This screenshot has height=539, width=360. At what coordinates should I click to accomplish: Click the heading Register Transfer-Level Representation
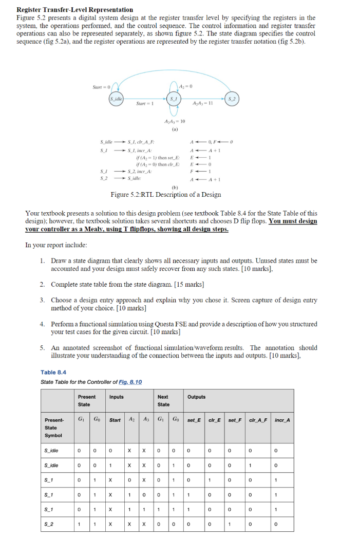(x=75, y=9)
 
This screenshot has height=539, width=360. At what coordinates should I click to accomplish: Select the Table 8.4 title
(x=53, y=372)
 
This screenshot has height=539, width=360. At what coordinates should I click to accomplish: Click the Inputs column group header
(x=117, y=397)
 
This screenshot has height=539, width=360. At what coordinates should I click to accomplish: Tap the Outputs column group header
(x=196, y=397)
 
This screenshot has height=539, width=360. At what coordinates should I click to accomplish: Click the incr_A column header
(x=282, y=420)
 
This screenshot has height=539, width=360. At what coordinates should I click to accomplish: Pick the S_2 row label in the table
(x=51, y=524)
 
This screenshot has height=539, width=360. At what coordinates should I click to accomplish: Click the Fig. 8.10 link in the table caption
(x=131, y=382)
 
